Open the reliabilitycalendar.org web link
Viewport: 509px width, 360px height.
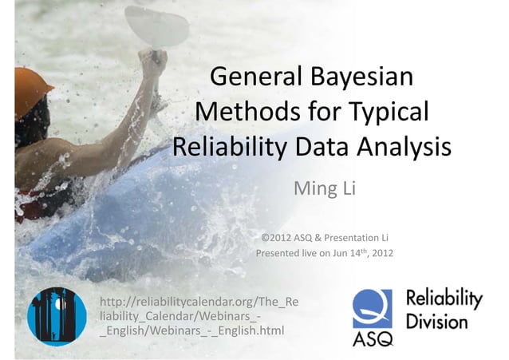tap(199, 316)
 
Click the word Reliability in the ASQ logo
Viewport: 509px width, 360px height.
tap(444, 300)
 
